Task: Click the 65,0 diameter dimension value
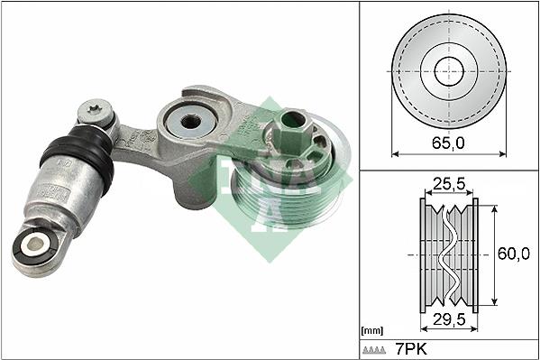tap(448, 143)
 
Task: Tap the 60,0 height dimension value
tap(514, 254)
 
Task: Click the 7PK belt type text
tap(411, 349)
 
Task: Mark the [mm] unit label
tap(372, 331)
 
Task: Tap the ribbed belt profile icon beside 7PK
tap(374, 350)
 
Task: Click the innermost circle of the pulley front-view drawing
tap(449, 71)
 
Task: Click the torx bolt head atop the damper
tap(96, 111)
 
